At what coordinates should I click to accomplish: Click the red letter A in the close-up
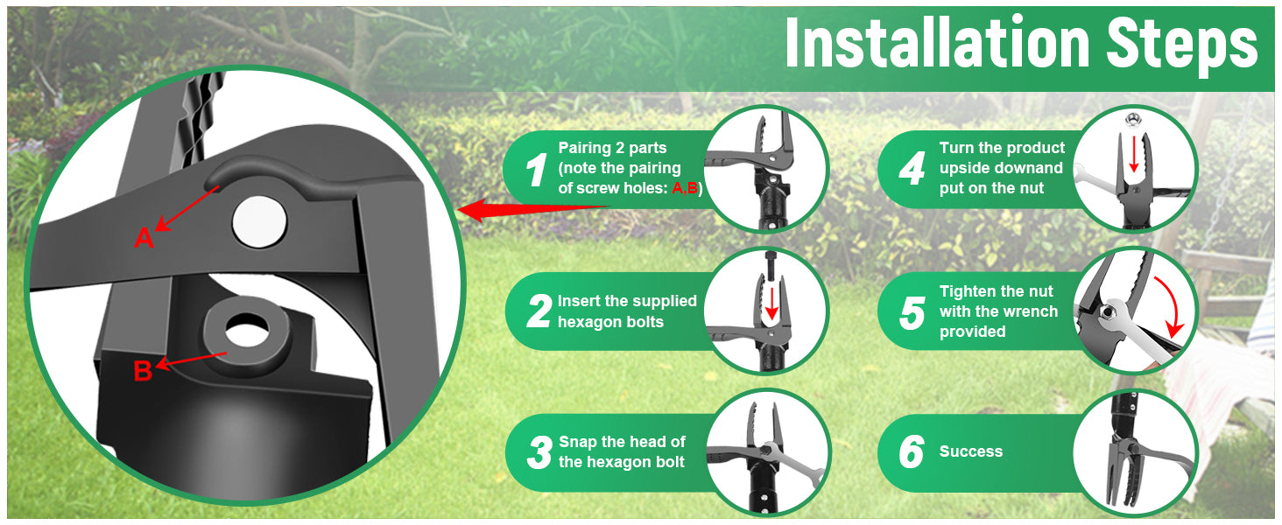pos(144,237)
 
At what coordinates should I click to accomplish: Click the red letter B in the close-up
pos(143,371)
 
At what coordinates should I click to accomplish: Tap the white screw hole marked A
pos(259,222)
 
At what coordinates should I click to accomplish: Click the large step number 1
pos(536,169)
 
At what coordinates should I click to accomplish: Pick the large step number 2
pos(539,311)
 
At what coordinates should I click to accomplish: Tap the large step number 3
pos(539,452)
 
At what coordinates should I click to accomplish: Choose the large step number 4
pos(912,168)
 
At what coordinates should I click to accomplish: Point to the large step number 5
pos(912,313)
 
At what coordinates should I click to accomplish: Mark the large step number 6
pos(912,451)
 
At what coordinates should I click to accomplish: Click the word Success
pos(970,451)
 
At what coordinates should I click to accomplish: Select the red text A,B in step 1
pos(685,188)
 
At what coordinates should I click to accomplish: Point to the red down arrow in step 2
pos(771,302)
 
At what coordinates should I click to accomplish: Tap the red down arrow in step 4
pos(1133,153)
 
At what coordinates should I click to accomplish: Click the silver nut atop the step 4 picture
pos(1131,120)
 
